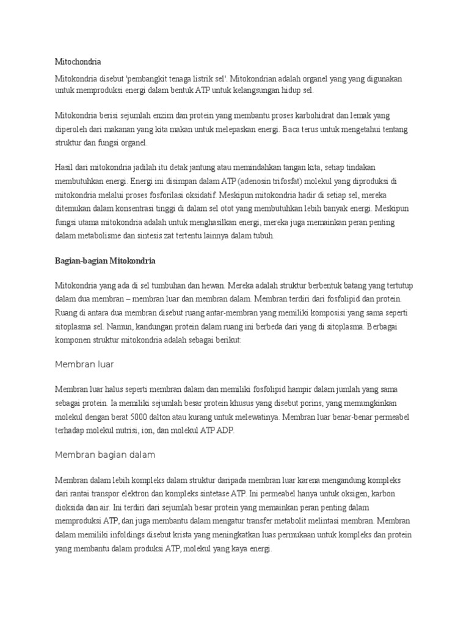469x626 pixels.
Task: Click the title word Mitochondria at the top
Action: (x=78, y=62)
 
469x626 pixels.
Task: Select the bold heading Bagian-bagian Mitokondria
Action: (x=105, y=261)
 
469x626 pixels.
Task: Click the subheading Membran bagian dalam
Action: (x=105, y=455)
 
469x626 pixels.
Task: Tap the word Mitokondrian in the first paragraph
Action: (x=256, y=79)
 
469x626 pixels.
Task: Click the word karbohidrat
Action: (x=325, y=115)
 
